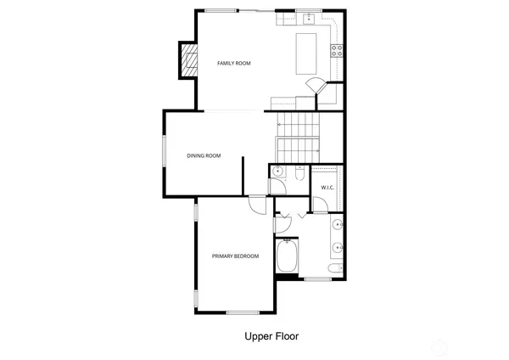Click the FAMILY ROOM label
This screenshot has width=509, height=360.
pyautogui.click(x=233, y=64)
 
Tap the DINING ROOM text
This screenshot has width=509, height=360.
pyautogui.click(x=204, y=155)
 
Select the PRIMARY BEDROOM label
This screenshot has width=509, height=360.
pyautogui.click(x=235, y=256)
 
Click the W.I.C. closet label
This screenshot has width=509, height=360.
pyautogui.click(x=327, y=187)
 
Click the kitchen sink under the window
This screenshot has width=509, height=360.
pyautogui.click(x=309, y=17)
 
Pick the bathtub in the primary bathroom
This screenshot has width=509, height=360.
pyautogui.click(x=287, y=257)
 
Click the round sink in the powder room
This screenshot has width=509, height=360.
pyautogui.click(x=277, y=172)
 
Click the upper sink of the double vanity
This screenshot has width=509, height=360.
pyautogui.click(x=337, y=225)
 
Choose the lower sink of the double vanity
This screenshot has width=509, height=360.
pyautogui.click(x=337, y=249)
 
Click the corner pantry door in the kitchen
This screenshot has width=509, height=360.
pyautogui.click(x=315, y=85)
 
